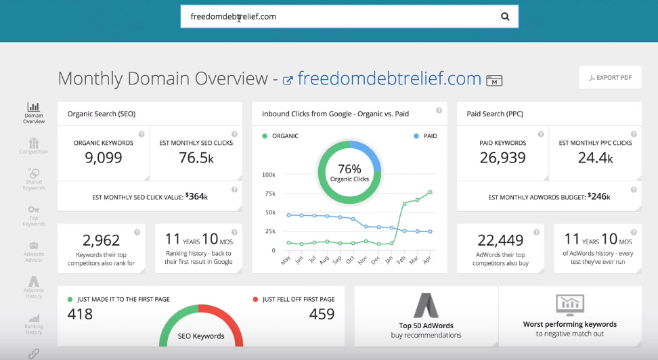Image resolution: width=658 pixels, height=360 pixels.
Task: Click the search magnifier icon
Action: point(505,17)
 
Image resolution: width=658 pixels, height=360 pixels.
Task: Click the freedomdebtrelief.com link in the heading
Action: point(389,78)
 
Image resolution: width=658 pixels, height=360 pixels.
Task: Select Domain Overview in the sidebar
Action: point(33,113)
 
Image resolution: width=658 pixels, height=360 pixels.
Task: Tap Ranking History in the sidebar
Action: point(33,324)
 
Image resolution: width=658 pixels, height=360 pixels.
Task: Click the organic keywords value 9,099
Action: point(103,158)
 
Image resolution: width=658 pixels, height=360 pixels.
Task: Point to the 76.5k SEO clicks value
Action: point(196,158)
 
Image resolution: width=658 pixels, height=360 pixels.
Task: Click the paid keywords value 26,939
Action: point(502,158)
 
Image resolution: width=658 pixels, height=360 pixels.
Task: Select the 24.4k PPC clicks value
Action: point(595,158)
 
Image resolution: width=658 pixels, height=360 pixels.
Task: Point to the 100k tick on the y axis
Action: point(267,175)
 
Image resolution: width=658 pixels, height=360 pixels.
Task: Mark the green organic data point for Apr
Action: point(430,192)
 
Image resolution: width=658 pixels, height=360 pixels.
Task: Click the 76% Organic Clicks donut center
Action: point(349,173)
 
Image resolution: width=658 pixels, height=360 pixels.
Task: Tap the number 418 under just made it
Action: point(81,314)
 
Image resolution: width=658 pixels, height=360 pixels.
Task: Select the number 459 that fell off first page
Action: point(322,314)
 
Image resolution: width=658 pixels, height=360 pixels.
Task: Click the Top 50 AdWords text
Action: point(426,325)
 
